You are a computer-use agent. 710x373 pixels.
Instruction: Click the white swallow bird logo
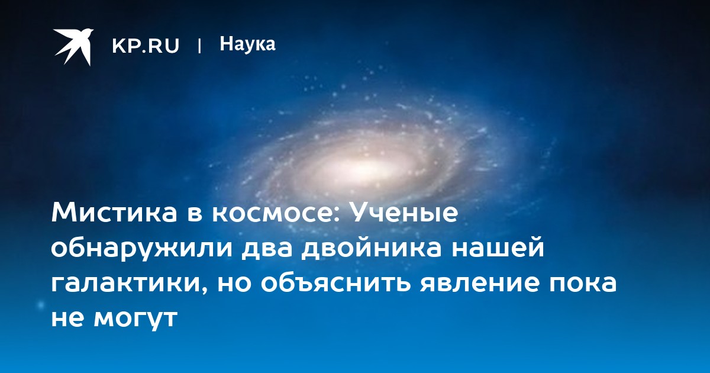(x=73, y=47)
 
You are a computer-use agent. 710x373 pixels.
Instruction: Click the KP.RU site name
(x=146, y=46)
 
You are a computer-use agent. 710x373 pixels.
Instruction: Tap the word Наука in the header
(x=247, y=44)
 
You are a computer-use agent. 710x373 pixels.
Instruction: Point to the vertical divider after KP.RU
(x=199, y=46)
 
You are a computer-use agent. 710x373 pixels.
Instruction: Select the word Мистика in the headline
(x=114, y=213)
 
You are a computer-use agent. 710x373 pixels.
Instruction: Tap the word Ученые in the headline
(x=405, y=213)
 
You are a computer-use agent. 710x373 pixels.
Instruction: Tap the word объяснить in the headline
(x=336, y=282)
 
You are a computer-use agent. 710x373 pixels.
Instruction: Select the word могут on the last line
(x=135, y=318)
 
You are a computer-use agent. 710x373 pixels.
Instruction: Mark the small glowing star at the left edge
(x=41, y=305)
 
